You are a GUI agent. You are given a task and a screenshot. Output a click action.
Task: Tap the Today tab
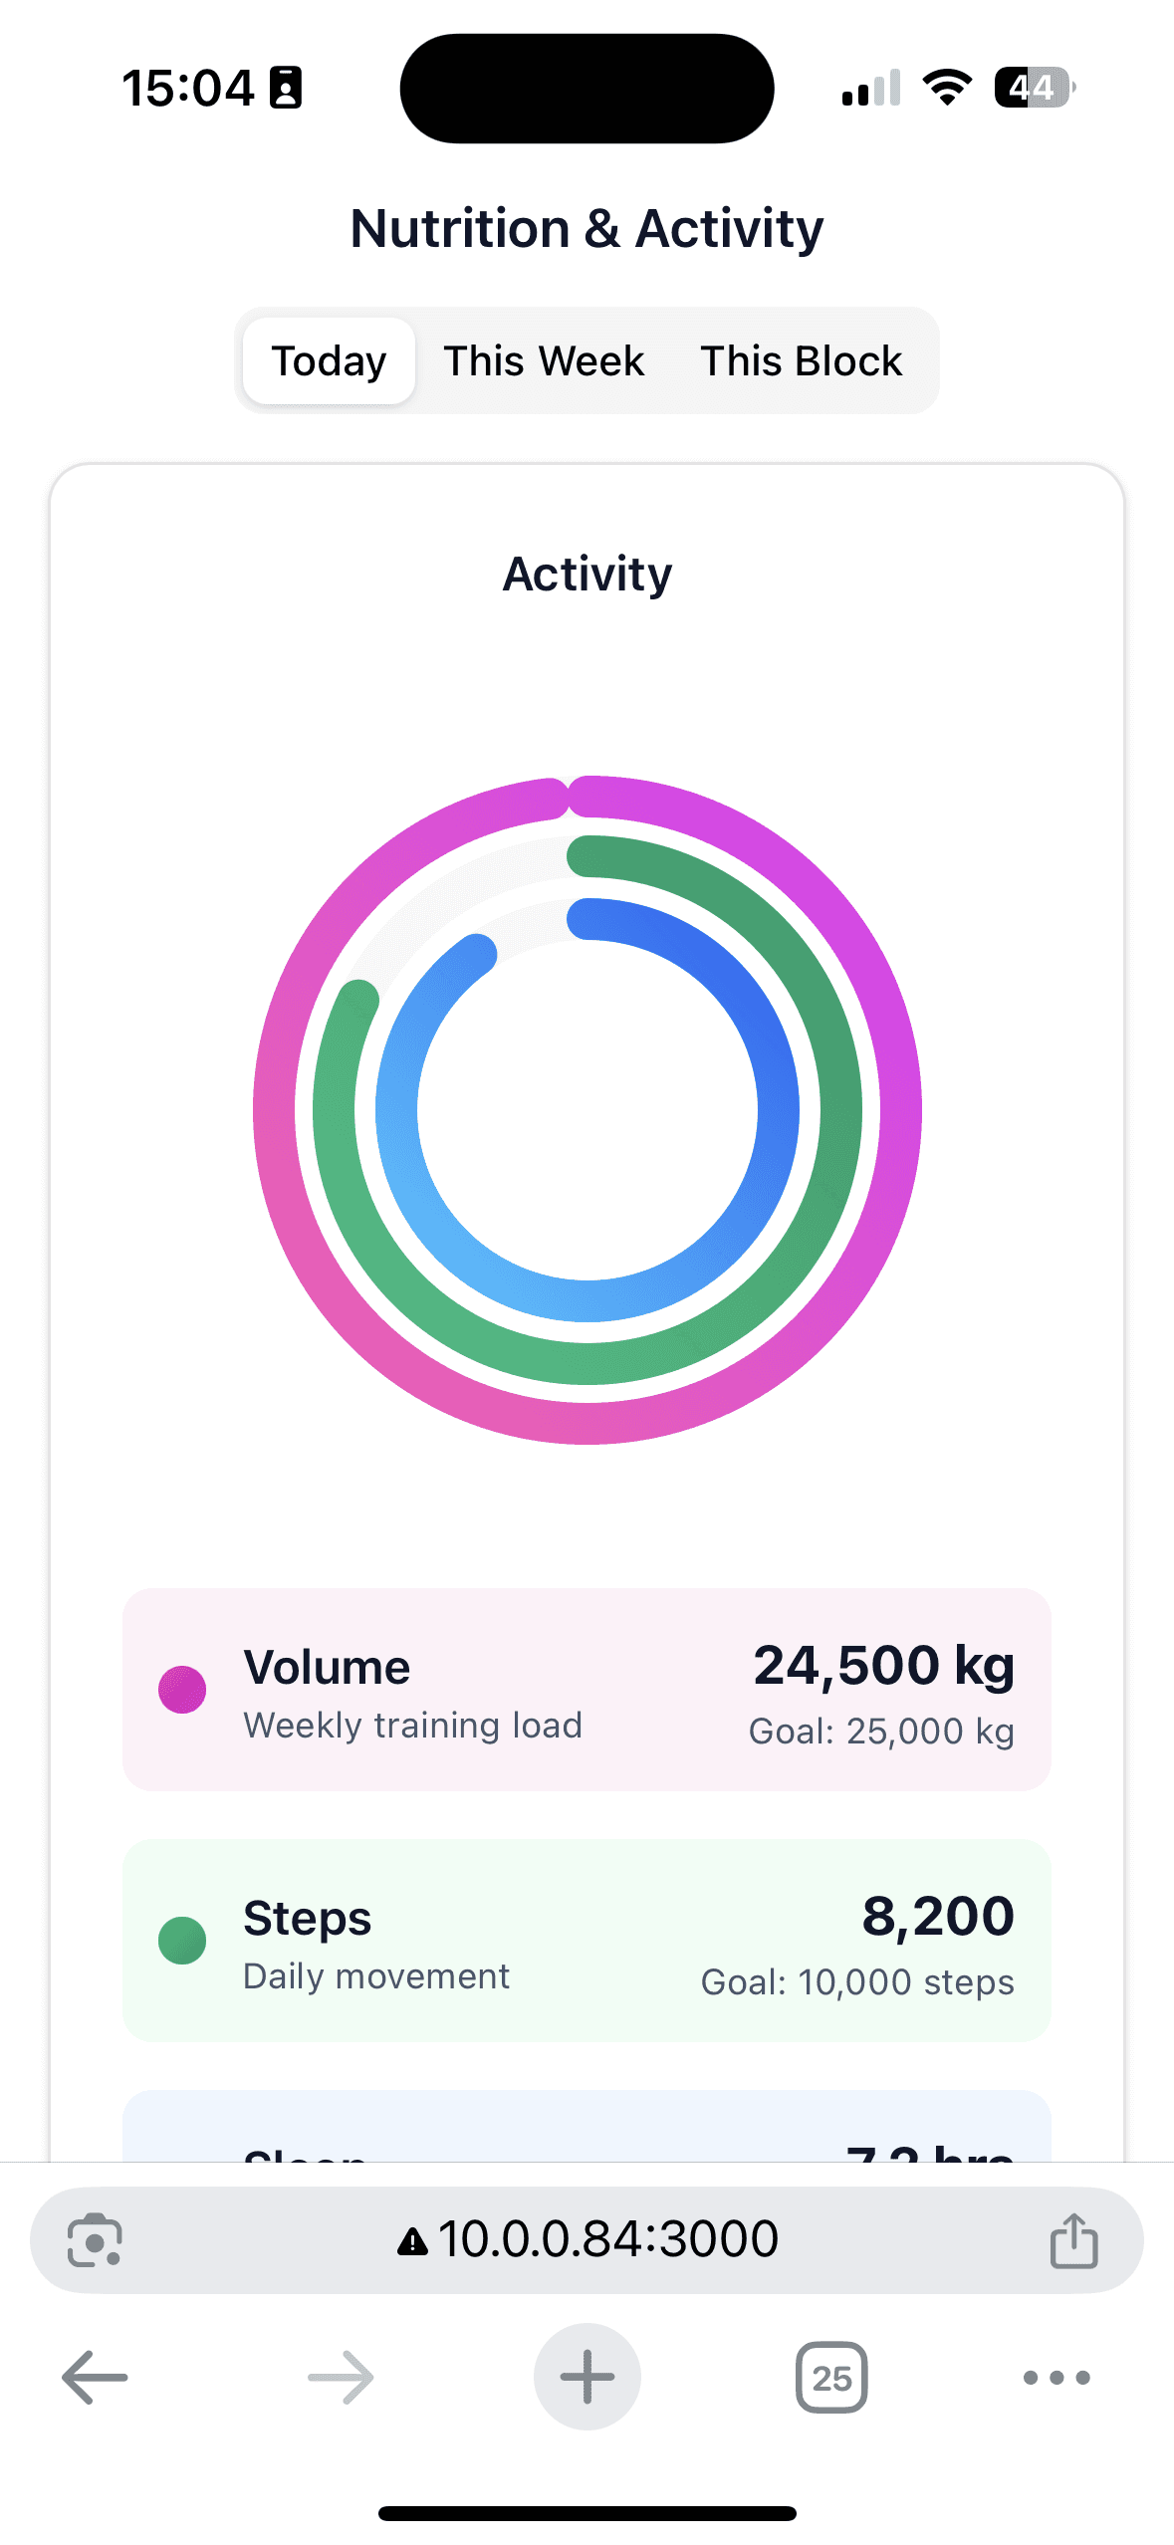(x=329, y=360)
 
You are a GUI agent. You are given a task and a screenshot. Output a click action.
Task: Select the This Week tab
(x=544, y=360)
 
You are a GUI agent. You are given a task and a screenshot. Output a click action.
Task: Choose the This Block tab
(x=801, y=360)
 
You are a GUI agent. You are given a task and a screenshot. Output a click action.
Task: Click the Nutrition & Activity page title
(x=587, y=228)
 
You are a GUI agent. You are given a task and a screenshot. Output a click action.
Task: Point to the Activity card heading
(x=587, y=574)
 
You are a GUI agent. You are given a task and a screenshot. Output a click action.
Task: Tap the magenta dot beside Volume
(x=182, y=1690)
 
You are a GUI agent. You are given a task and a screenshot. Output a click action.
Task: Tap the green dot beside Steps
(x=182, y=1941)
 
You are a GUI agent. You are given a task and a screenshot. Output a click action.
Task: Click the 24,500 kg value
(x=883, y=1665)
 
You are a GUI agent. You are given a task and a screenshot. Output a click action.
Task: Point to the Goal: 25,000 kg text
(x=881, y=1732)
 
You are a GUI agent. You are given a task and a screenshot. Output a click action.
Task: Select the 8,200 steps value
(x=937, y=1916)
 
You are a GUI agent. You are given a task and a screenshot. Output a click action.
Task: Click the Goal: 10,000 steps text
(x=857, y=1982)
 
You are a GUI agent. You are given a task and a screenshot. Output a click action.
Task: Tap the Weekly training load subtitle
(x=412, y=1726)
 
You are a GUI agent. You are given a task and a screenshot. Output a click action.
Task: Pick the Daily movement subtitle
(x=376, y=1976)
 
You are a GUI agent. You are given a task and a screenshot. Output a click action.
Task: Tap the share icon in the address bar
(x=1073, y=2240)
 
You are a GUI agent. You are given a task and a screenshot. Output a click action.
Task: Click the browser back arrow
(x=95, y=2377)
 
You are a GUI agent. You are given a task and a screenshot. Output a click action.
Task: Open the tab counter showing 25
(x=831, y=2377)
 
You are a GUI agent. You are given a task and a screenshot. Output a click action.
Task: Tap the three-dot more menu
(x=1057, y=2377)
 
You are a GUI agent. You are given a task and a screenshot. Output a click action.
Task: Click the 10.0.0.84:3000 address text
(x=607, y=2239)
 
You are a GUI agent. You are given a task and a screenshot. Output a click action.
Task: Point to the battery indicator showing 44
(x=1034, y=88)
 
